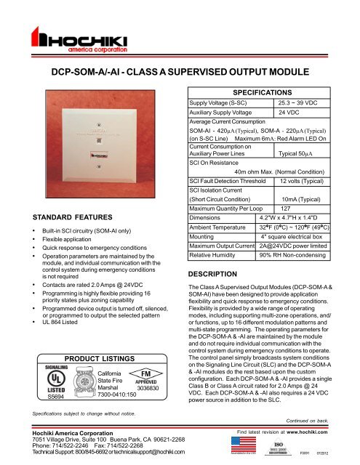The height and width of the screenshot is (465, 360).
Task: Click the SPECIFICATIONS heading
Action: click(x=266, y=94)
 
